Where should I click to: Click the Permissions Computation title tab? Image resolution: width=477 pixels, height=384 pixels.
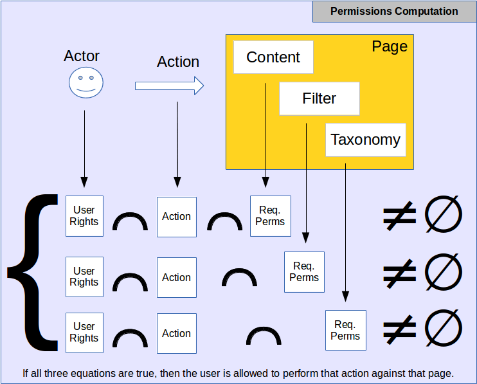[x=394, y=12]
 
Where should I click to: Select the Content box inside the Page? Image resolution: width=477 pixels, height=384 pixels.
[x=273, y=57]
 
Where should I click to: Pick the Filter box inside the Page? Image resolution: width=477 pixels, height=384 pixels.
[x=319, y=98]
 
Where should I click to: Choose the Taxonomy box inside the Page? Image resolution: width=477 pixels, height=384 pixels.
[x=365, y=140]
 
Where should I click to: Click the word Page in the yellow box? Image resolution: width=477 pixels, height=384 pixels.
[x=390, y=46]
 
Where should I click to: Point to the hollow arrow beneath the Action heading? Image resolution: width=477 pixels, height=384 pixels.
[x=169, y=86]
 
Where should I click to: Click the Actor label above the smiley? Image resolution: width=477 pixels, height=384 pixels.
[x=82, y=56]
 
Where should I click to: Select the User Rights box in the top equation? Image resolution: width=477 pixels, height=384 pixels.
[x=84, y=216]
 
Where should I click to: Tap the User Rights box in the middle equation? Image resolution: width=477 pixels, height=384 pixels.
[x=84, y=277]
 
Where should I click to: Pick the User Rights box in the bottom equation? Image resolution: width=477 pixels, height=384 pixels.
[x=84, y=333]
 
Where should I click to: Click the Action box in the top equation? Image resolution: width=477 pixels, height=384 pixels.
[x=177, y=217]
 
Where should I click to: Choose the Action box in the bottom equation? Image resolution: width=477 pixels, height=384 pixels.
[x=177, y=333]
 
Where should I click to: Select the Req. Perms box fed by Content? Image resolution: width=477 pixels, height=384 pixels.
[x=270, y=216]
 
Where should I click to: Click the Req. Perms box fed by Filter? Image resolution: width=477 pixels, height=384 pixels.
[x=304, y=271]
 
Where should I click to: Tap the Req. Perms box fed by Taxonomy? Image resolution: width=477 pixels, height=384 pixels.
[x=345, y=330]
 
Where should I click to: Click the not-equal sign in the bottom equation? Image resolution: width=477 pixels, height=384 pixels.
[x=400, y=329]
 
